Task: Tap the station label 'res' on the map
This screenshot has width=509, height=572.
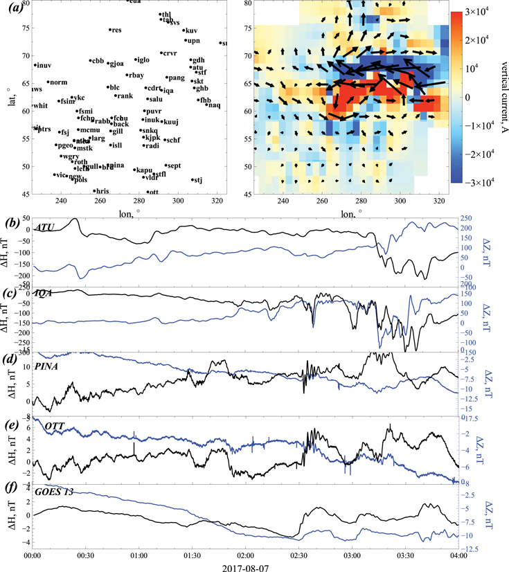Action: coord(116,30)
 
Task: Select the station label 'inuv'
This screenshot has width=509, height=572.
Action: coord(44,66)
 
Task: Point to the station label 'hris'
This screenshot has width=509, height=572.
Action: coord(102,190)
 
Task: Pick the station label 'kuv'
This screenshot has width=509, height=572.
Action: coord(192,31)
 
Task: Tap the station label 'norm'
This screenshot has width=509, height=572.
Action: coord(59,82)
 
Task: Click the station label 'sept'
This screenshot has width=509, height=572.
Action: coord(174,166)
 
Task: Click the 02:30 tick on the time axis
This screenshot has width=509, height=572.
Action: coord(298,555)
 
